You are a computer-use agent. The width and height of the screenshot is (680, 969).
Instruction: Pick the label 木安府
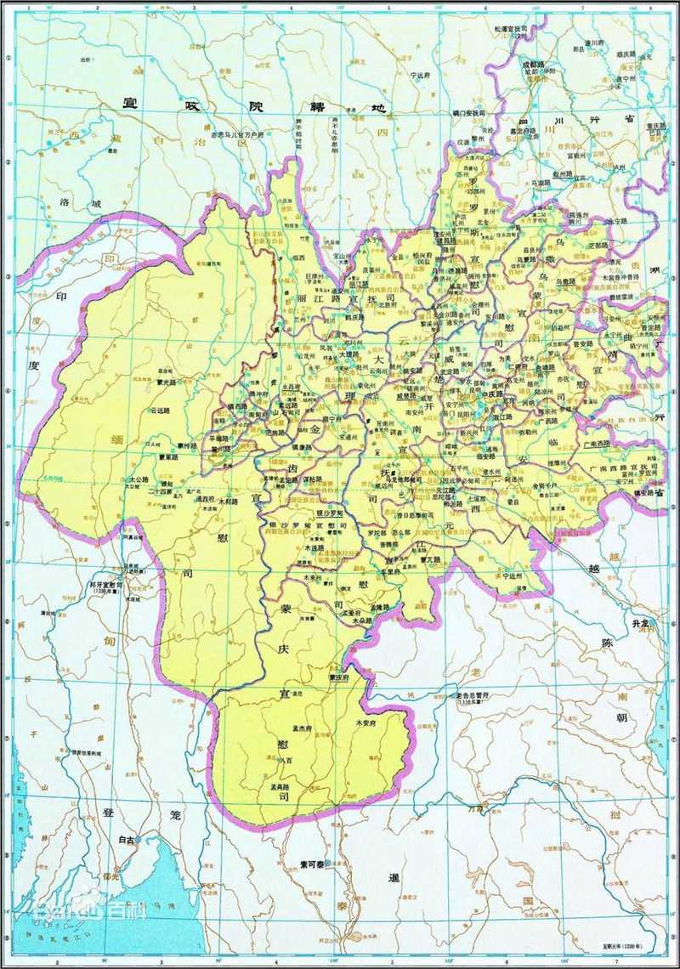367,722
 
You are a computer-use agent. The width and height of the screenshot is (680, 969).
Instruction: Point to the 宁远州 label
510,575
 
